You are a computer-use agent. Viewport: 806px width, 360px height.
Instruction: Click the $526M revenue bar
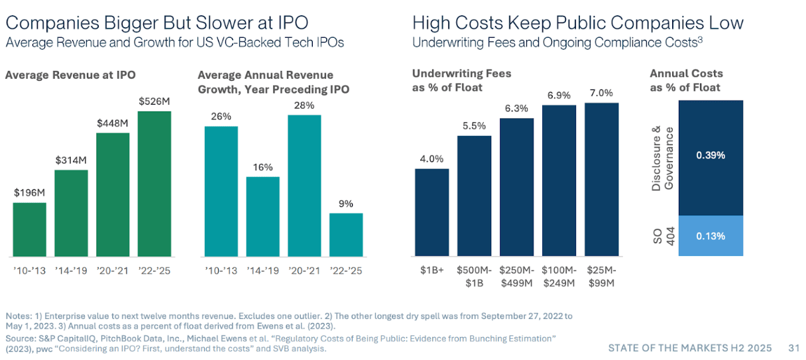tap(154, 184)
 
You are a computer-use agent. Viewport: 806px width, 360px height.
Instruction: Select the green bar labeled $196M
tap(29, 229)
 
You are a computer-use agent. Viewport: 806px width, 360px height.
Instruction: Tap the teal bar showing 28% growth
tap(304, 186)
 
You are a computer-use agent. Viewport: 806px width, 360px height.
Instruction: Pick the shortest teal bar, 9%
tap(346, 235)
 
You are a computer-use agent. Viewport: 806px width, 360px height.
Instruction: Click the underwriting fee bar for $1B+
tap(432, 212)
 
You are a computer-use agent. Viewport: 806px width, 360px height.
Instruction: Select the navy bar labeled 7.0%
tap(601, 179)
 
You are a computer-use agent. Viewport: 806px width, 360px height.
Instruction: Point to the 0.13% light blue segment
tap(710, 236)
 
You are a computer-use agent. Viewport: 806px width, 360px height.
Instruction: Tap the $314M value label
tap(71, 160)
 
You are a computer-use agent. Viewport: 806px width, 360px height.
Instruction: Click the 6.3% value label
tap(516, 108)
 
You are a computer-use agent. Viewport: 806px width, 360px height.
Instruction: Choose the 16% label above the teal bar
tap(262, 167)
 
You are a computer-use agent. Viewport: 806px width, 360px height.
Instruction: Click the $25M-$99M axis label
tap(601, 276)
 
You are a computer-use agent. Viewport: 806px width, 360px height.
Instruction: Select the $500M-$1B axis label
tap(474, 276)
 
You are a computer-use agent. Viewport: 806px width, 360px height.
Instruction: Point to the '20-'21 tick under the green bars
tap(113, 270)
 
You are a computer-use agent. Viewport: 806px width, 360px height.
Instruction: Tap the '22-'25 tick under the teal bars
tap(346, 270)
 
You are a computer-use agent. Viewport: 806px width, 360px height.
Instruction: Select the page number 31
tap(794, 347)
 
